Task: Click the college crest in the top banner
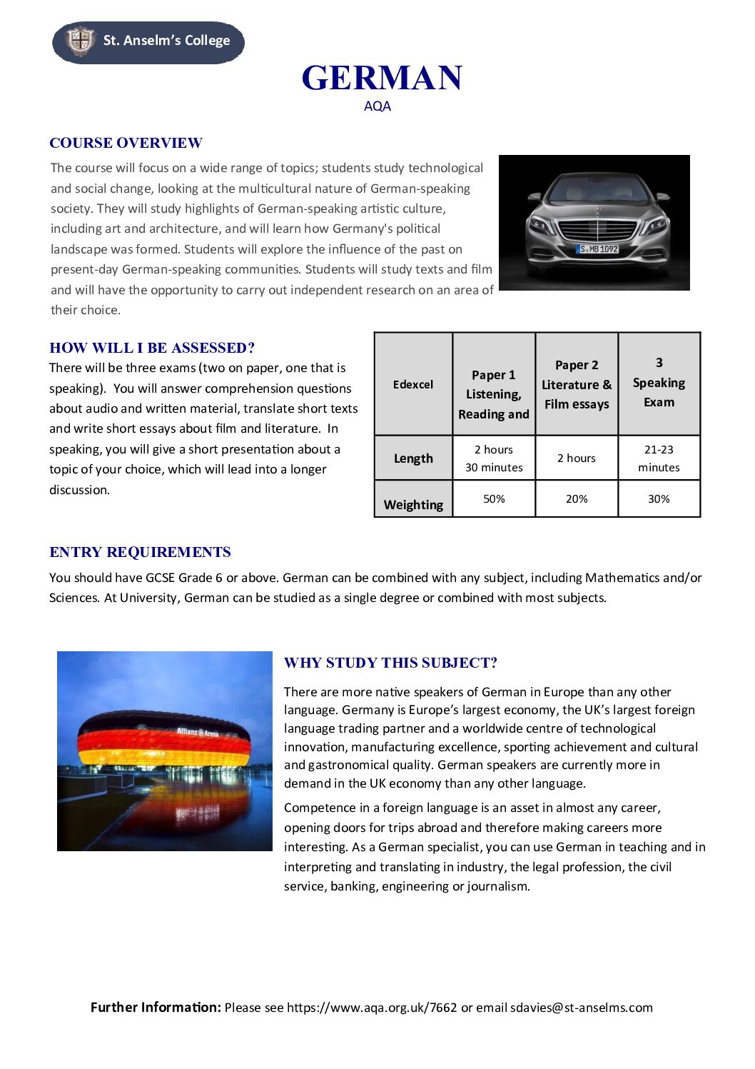[80, 41]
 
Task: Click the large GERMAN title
[382, 78]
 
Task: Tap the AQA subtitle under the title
[377, 106]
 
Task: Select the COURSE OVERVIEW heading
[126, 143]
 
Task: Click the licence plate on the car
[598, 249]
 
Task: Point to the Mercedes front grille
[597, 231]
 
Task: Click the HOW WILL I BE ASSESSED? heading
[152, 348]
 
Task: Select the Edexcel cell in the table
[413, 384]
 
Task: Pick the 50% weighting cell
[494, 498]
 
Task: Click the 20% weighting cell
[577, 498]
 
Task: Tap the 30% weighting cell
[659, 498]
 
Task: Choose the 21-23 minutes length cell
[659, 458]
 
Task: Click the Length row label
[413, 458]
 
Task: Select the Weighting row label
[413, 505]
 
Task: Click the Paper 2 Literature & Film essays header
[577, 384]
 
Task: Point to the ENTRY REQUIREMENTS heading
[140, 552]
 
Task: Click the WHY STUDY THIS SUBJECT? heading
[390, 663]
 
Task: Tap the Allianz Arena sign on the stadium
[198, 733]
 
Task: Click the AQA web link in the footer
[372, 1008]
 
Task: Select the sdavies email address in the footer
[582, 1008]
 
